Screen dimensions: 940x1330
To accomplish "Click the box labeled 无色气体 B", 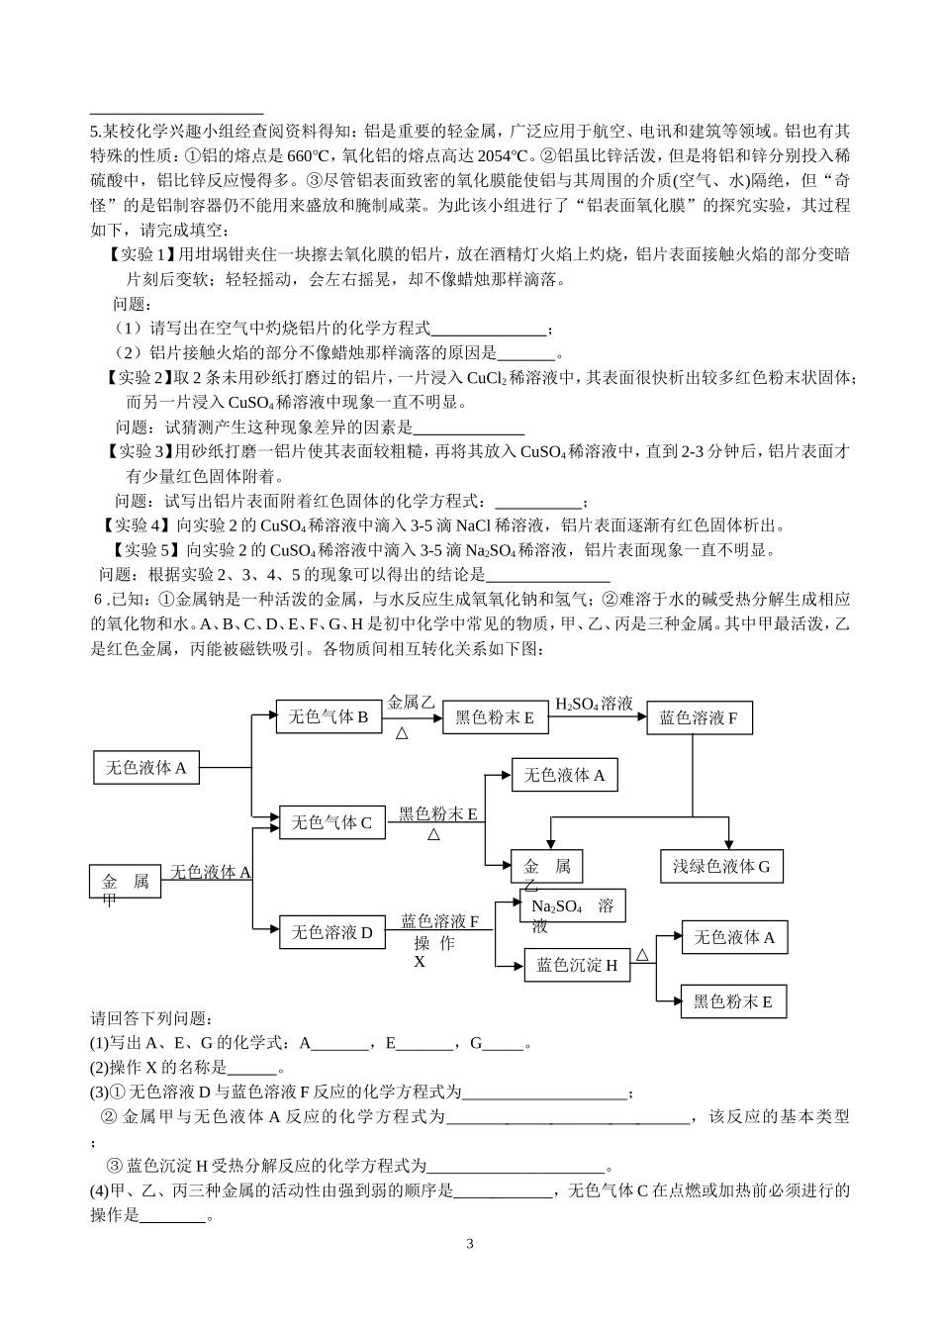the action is click(329, 717).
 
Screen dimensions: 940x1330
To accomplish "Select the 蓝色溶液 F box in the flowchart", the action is click(699, 718).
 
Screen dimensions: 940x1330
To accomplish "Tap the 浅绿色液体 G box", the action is click(720, 866).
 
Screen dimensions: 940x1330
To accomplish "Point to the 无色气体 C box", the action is click(330, 822).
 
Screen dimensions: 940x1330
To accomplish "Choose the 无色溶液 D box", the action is click(331, 932).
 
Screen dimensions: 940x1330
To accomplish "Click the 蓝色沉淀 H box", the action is click(577, 965).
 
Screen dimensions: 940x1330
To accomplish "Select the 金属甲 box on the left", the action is click(125, 883).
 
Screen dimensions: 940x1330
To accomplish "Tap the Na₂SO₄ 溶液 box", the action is click(572, 906).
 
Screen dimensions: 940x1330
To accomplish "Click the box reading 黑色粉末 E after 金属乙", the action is click(494, 718).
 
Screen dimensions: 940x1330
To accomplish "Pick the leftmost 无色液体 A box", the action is click(145, 767).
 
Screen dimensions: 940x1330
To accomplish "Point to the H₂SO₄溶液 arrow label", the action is click(594, 704).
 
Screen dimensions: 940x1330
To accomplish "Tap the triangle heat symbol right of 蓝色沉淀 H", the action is click(642, 955).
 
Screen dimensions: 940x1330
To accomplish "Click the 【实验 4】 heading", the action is click(137, 524).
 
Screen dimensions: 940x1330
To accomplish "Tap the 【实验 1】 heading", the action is click(142, 254).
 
